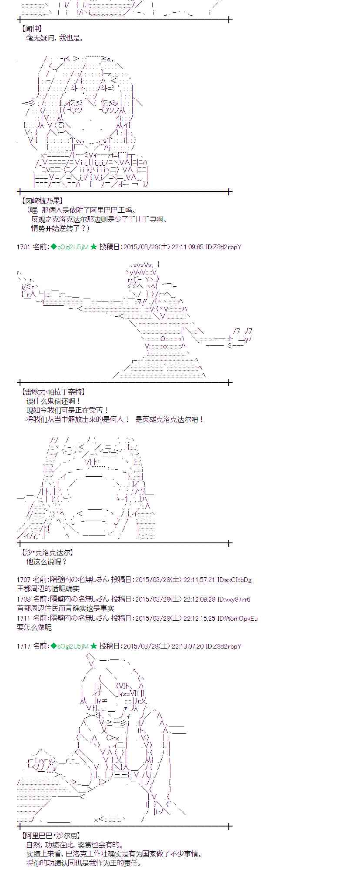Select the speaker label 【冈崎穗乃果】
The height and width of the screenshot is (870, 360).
41,201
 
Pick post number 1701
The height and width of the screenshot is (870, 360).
23,247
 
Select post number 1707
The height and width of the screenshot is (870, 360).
23,579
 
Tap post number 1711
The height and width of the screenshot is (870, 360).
23,618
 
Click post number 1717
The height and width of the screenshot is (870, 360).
23,646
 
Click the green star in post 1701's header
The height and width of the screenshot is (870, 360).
93,247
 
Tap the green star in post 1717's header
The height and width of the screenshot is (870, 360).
93,646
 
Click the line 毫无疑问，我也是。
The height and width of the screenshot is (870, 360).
55,38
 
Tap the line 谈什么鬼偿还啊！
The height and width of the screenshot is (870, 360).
53,401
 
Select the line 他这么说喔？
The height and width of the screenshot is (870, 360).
47,562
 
